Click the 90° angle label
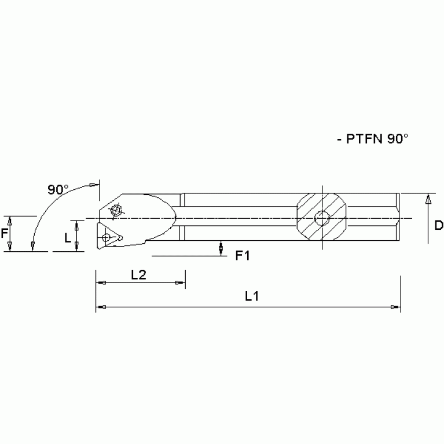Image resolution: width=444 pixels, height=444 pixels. pyautogui.click(x=58, y=189)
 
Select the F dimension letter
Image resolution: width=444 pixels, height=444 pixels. pyautogui.click(x=4, y=233)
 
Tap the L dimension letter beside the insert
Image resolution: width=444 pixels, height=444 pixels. pyautogui.click(x=68, y=238)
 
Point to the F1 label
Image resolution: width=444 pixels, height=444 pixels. pyautogui.click(x=242, y=255)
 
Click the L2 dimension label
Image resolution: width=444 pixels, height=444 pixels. pyautogui.click(x=138, y=275)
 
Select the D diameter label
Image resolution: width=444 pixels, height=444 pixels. pyautogui.click(x=438, y=225)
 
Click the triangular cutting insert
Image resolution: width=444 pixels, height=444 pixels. pyautogui.click(x=109, y=237)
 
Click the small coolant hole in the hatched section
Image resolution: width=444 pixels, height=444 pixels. pyautogui.click(x=321, y=219)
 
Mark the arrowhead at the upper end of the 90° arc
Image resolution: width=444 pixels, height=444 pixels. pyautogui.click(x=93, y=184)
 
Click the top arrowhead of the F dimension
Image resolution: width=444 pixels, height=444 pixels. pyautogui.click(x=10, y=220)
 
